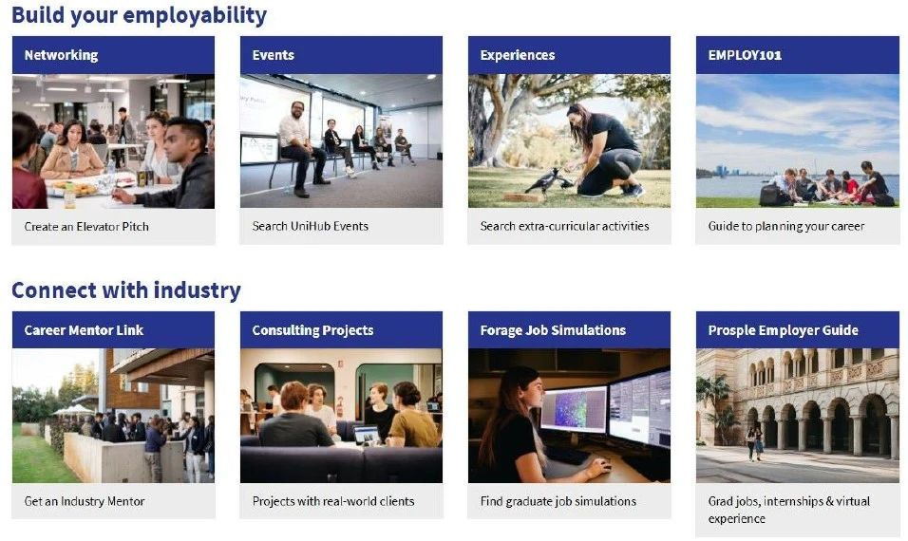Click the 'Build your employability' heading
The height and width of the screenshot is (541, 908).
coord(139,15)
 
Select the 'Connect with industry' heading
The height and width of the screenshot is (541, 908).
coord(126,289)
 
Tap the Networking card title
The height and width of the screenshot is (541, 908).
coord(61,55)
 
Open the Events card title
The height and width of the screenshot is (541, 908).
coord(273,55)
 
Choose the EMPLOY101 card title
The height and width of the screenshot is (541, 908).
coord(745,55)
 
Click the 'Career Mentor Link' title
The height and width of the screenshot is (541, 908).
coord(84,330)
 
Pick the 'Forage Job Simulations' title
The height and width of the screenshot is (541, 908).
coord(553,330)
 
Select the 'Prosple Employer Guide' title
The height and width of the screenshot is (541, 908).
coord(783,330)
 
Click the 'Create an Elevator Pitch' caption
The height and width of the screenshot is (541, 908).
coord(86,227)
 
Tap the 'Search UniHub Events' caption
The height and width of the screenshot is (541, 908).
coord(311,226)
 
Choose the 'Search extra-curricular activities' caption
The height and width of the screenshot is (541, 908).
coord(564,226)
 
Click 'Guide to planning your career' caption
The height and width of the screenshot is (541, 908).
coord(786,226)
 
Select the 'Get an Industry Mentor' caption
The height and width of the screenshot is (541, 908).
coord(85,501)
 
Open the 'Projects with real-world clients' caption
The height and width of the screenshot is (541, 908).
coord(333,501)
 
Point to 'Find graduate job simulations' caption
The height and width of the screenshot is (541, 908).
coord(558,501)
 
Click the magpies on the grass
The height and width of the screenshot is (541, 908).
coord(548,180)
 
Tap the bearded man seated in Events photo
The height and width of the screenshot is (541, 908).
coord(301,147)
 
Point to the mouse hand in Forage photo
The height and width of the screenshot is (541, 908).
coord(599,466)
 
